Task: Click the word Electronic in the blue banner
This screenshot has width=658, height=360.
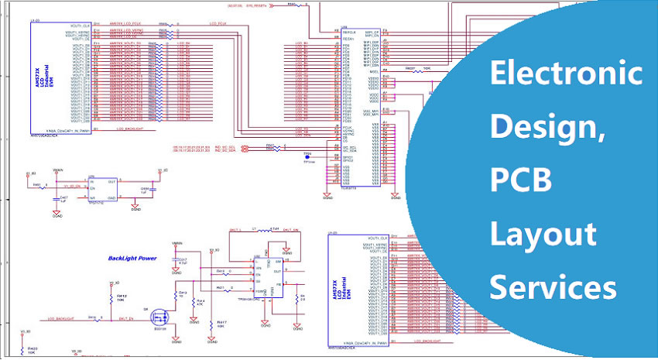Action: pos(567,75)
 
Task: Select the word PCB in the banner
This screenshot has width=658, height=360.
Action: pos(520,180)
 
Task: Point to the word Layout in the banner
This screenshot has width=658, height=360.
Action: pos(543,235)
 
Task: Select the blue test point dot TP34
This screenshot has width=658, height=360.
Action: pos(307,156)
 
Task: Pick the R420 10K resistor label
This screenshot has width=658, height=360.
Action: pos(32,350)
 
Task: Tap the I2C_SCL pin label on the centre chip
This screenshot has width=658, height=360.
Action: pos(349,146)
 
